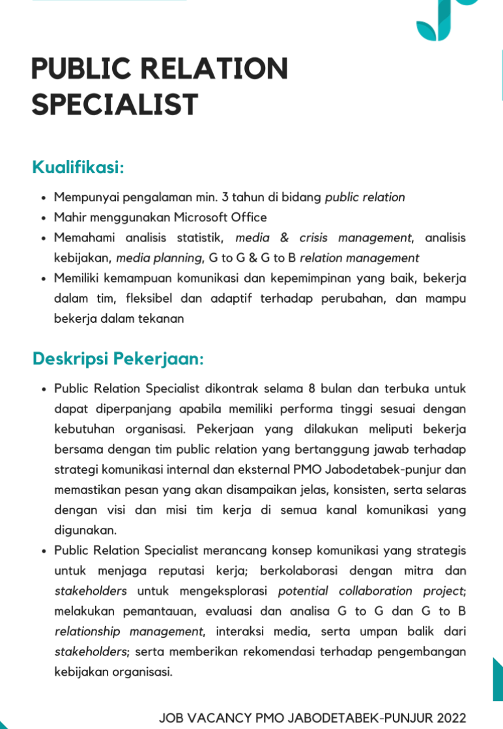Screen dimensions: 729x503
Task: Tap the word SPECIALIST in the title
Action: tap(115, 104)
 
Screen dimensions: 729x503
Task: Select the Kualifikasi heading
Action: tap(78, 167)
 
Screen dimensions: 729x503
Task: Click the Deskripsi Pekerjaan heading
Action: tap(118, 359)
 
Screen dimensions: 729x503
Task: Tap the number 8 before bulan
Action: tap(311, 389)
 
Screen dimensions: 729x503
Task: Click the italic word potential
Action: tap(302, 591)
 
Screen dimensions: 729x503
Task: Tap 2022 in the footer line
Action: tap(452, 718)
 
